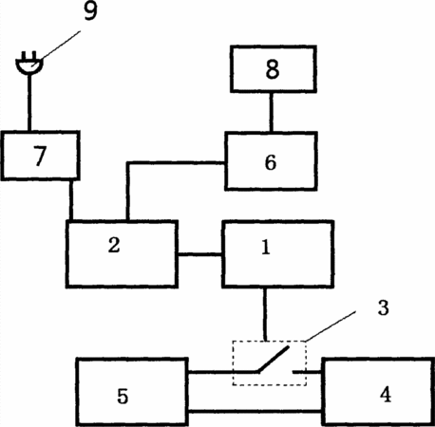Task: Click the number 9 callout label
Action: (90, 12)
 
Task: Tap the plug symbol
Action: (29, 64)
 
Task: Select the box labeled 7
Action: (40, 156)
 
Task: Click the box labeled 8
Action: (274, 69)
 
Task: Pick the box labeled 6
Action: (271, 161)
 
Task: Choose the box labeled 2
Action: (122, 254)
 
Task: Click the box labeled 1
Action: (278, 254)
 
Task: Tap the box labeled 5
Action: (132, 392)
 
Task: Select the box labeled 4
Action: (378, 392)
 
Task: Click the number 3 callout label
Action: (383, 307)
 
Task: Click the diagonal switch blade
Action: (274, 359)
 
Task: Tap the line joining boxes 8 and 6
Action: (272, 112)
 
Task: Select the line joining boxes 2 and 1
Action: (200, 254)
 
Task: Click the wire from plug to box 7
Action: (29, 102)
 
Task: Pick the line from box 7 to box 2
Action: (71, 200)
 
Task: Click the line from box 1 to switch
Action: (265, 314)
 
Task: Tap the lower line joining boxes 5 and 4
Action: (255, 412)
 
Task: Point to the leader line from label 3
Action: (330, 326)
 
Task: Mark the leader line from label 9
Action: (56, 46)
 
